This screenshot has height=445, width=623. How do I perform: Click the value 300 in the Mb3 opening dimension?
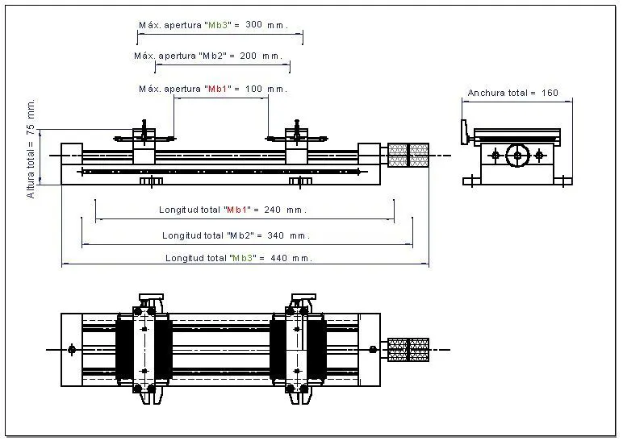(x=254, y=25)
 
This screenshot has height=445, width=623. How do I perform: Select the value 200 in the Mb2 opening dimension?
(x=249, y=56)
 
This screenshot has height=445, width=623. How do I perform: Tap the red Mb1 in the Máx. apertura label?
(x=217, y=89)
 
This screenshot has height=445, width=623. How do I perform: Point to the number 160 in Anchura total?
(x=550, y=93)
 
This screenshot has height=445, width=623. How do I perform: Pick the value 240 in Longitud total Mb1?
(x=273, y=210)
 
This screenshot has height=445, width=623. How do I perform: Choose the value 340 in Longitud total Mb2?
(x=276, y=235)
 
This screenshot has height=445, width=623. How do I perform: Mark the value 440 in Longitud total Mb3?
(x=279, y=258)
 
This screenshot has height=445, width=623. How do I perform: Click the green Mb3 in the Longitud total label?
(x=242, y=258)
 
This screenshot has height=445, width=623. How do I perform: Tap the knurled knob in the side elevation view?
(x=408, y=156)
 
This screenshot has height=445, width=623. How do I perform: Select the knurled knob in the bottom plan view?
(x=408, y=350)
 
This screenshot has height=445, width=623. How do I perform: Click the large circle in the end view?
(x=517, y=156)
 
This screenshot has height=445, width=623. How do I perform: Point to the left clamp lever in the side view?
(x=144, y=134)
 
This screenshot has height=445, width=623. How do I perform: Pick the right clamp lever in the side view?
(x=296, y=134)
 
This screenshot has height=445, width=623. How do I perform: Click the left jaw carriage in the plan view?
(x=144, y=349)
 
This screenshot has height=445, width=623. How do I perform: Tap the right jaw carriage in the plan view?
(x=298, y=349)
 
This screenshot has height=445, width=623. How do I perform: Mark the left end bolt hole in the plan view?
(x=72, y=350)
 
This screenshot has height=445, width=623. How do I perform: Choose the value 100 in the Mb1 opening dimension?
(x=254, y=89)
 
